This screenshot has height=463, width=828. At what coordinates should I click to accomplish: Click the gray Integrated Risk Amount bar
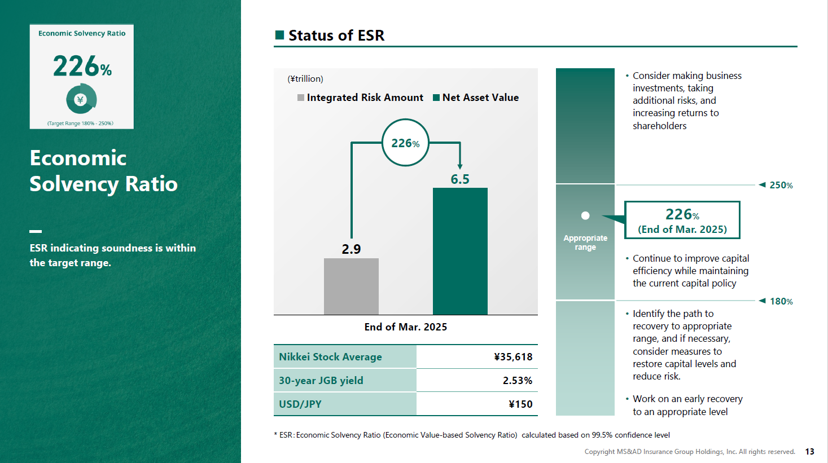[x=351, y=286]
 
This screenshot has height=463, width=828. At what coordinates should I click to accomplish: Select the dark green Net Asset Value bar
[x=460, y=251]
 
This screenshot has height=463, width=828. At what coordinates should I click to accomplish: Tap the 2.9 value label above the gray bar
[x=351, y=249]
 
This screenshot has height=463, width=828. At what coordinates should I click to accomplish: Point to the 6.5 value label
[x=460, y=179]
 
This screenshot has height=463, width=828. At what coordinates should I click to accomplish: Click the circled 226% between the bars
[x=405, y=143]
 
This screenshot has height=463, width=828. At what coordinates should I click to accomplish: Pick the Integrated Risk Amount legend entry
[x=360, y=98]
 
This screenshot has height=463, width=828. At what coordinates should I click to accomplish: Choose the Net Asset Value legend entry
[x=476, y=98]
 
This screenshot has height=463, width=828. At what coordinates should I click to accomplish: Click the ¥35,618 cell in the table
[x=513, y=356]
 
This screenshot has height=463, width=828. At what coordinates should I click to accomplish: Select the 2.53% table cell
[x=518, y=380]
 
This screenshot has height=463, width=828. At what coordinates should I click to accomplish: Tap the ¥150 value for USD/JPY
[x=520, y=404]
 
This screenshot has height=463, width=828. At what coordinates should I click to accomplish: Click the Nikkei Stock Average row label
[x=330, y=356]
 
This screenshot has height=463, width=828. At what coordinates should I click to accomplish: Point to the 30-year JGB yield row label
[x=321, y=380]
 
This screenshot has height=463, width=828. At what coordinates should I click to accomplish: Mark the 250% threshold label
[x=781, y=185]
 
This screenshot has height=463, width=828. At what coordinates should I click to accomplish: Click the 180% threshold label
[x=781, y=301]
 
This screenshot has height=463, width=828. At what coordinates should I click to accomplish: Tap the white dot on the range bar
[x=585, y=215]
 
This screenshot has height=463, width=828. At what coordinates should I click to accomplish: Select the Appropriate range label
[x=585, y=242]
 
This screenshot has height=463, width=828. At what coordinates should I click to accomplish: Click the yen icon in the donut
[x=80, y=100]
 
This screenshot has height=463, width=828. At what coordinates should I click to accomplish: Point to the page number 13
[x=809, y=452]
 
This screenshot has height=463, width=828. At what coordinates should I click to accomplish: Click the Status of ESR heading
[x=336, y=36]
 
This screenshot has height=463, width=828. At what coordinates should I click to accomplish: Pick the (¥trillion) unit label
[x=305, y=78]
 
